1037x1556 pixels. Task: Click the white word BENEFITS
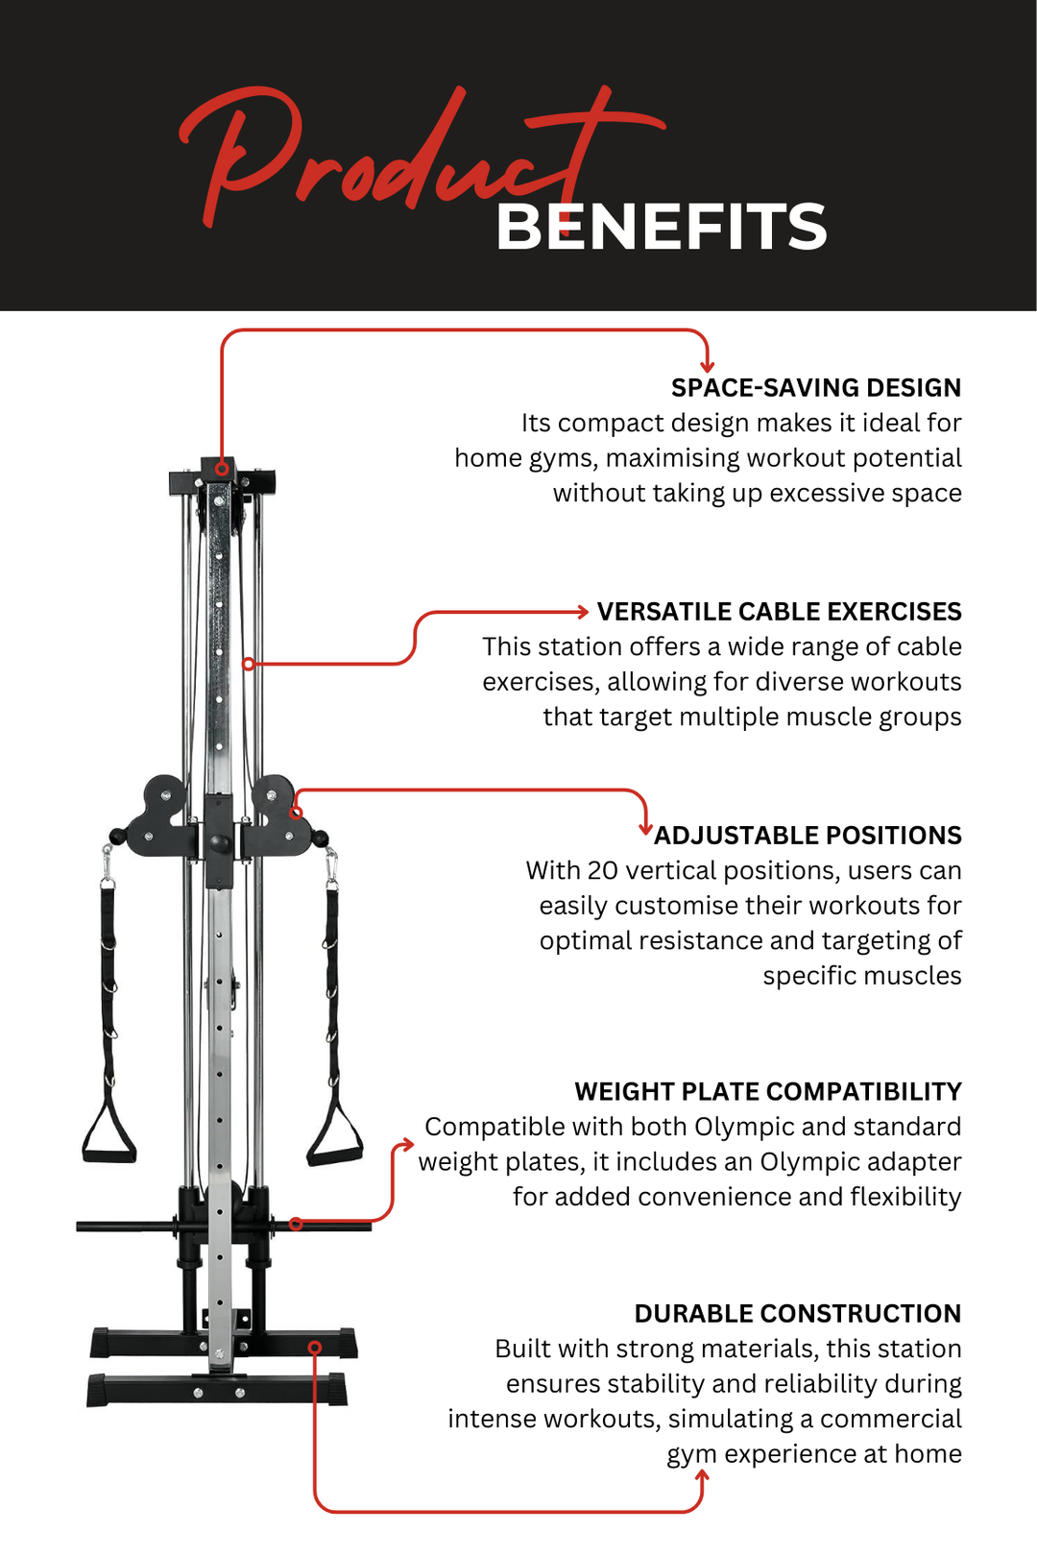(661, 228)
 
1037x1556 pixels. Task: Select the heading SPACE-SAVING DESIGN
(815, 388)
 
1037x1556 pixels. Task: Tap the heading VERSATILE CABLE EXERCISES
(779, 612)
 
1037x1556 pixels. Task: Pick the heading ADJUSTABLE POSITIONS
(808, 836)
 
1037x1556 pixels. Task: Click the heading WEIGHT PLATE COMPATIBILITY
(767, 1092)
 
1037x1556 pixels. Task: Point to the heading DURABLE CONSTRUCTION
(797, 1314)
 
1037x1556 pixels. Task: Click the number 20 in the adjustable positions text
(603, 871)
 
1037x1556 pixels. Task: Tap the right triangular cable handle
(334, 1138)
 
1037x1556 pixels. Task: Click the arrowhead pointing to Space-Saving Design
(708, 366)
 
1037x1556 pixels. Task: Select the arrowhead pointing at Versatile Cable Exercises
(582, 612)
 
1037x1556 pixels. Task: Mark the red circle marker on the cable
(249, 664)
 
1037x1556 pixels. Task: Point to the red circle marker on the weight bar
(296, 1224)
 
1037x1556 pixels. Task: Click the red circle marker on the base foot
(315, 1348)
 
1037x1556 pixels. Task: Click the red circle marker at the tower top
(222, 469)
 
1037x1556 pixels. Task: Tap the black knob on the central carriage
(219, 843)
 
